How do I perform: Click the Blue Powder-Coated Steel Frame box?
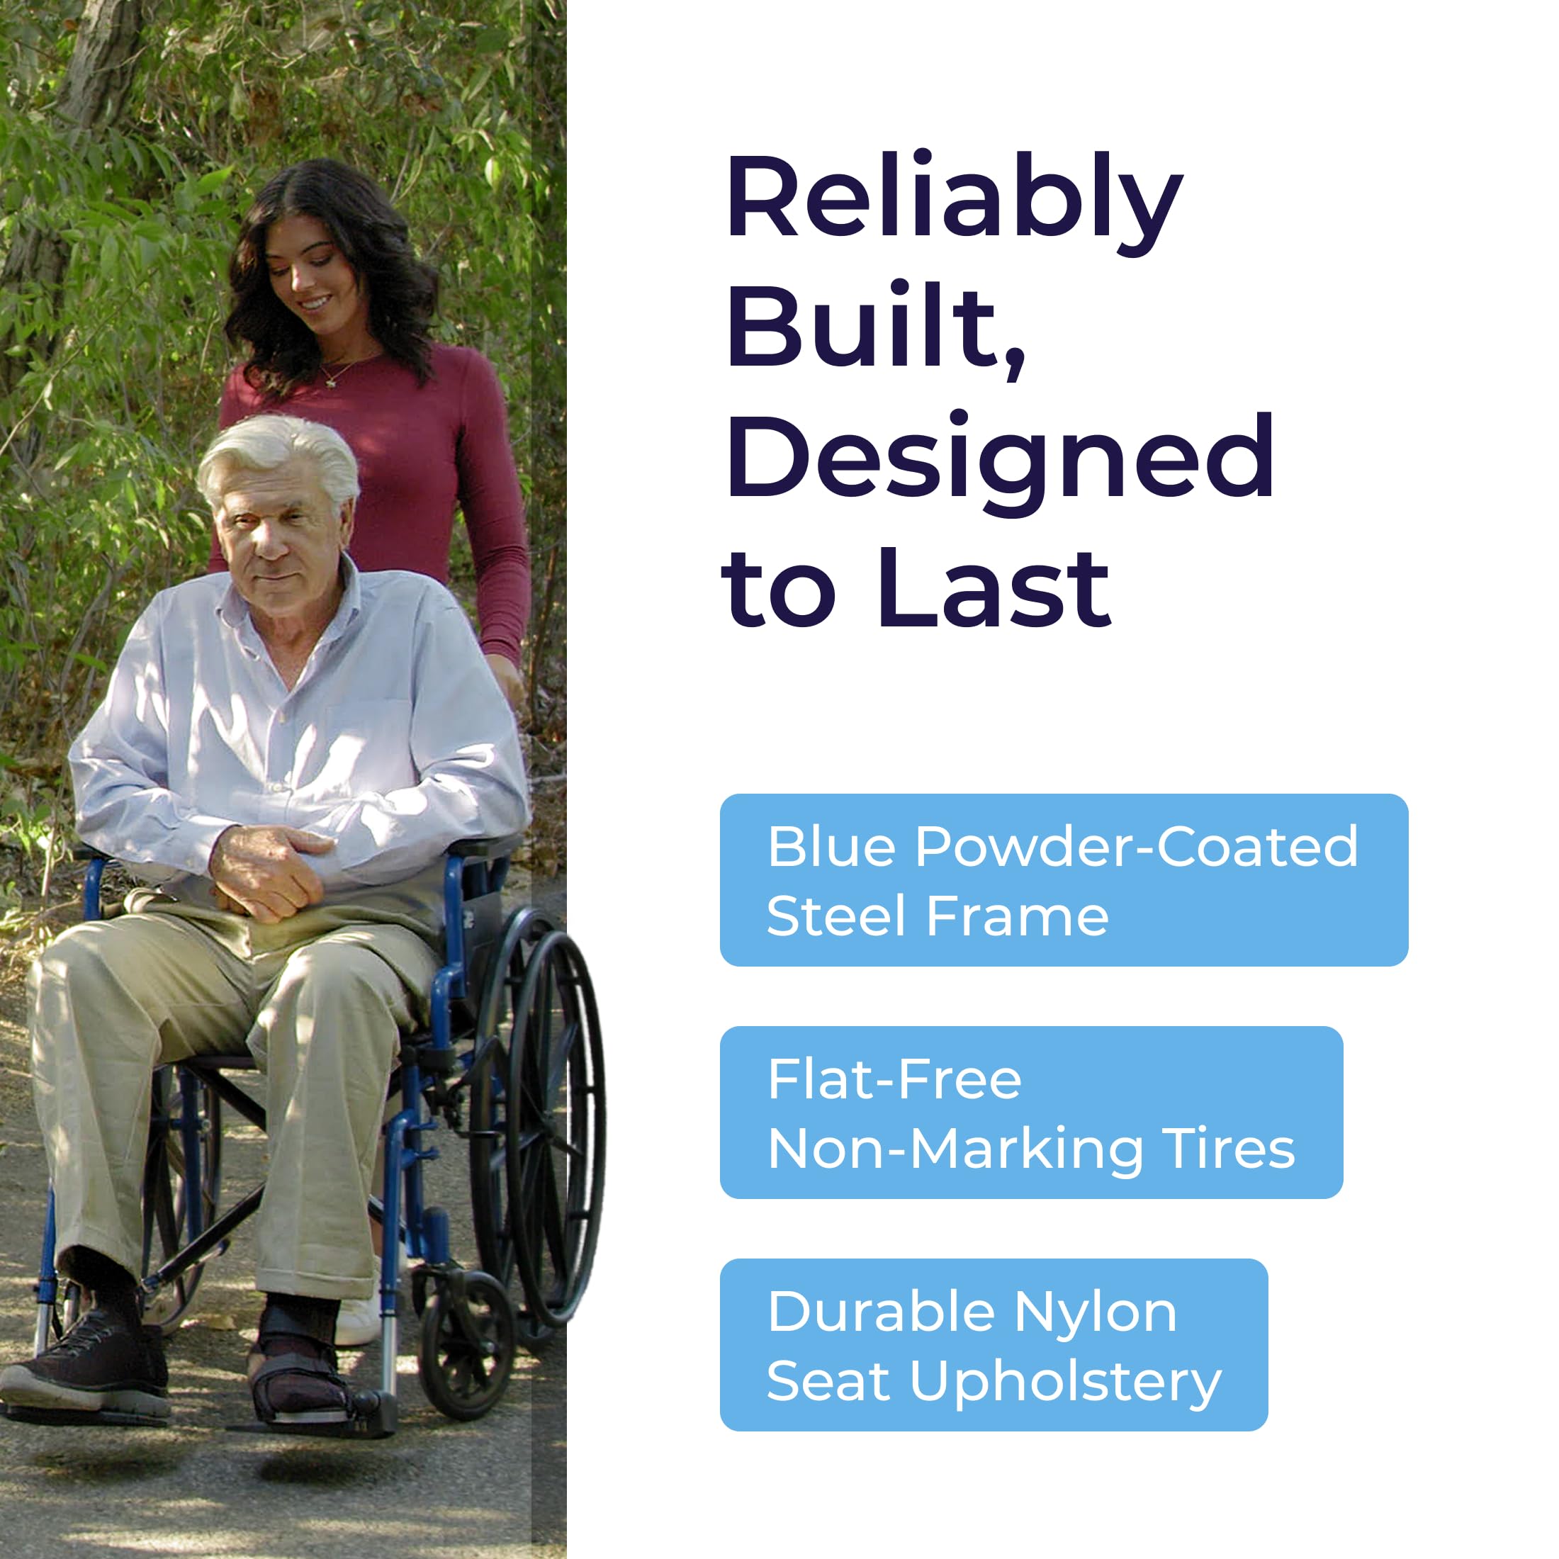click(x=1064, y=880)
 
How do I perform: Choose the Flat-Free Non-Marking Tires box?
click(x=1031, y=1113)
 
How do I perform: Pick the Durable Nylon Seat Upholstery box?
click(x=994, y=1345)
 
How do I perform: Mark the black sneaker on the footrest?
click(x=86, y=1363)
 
